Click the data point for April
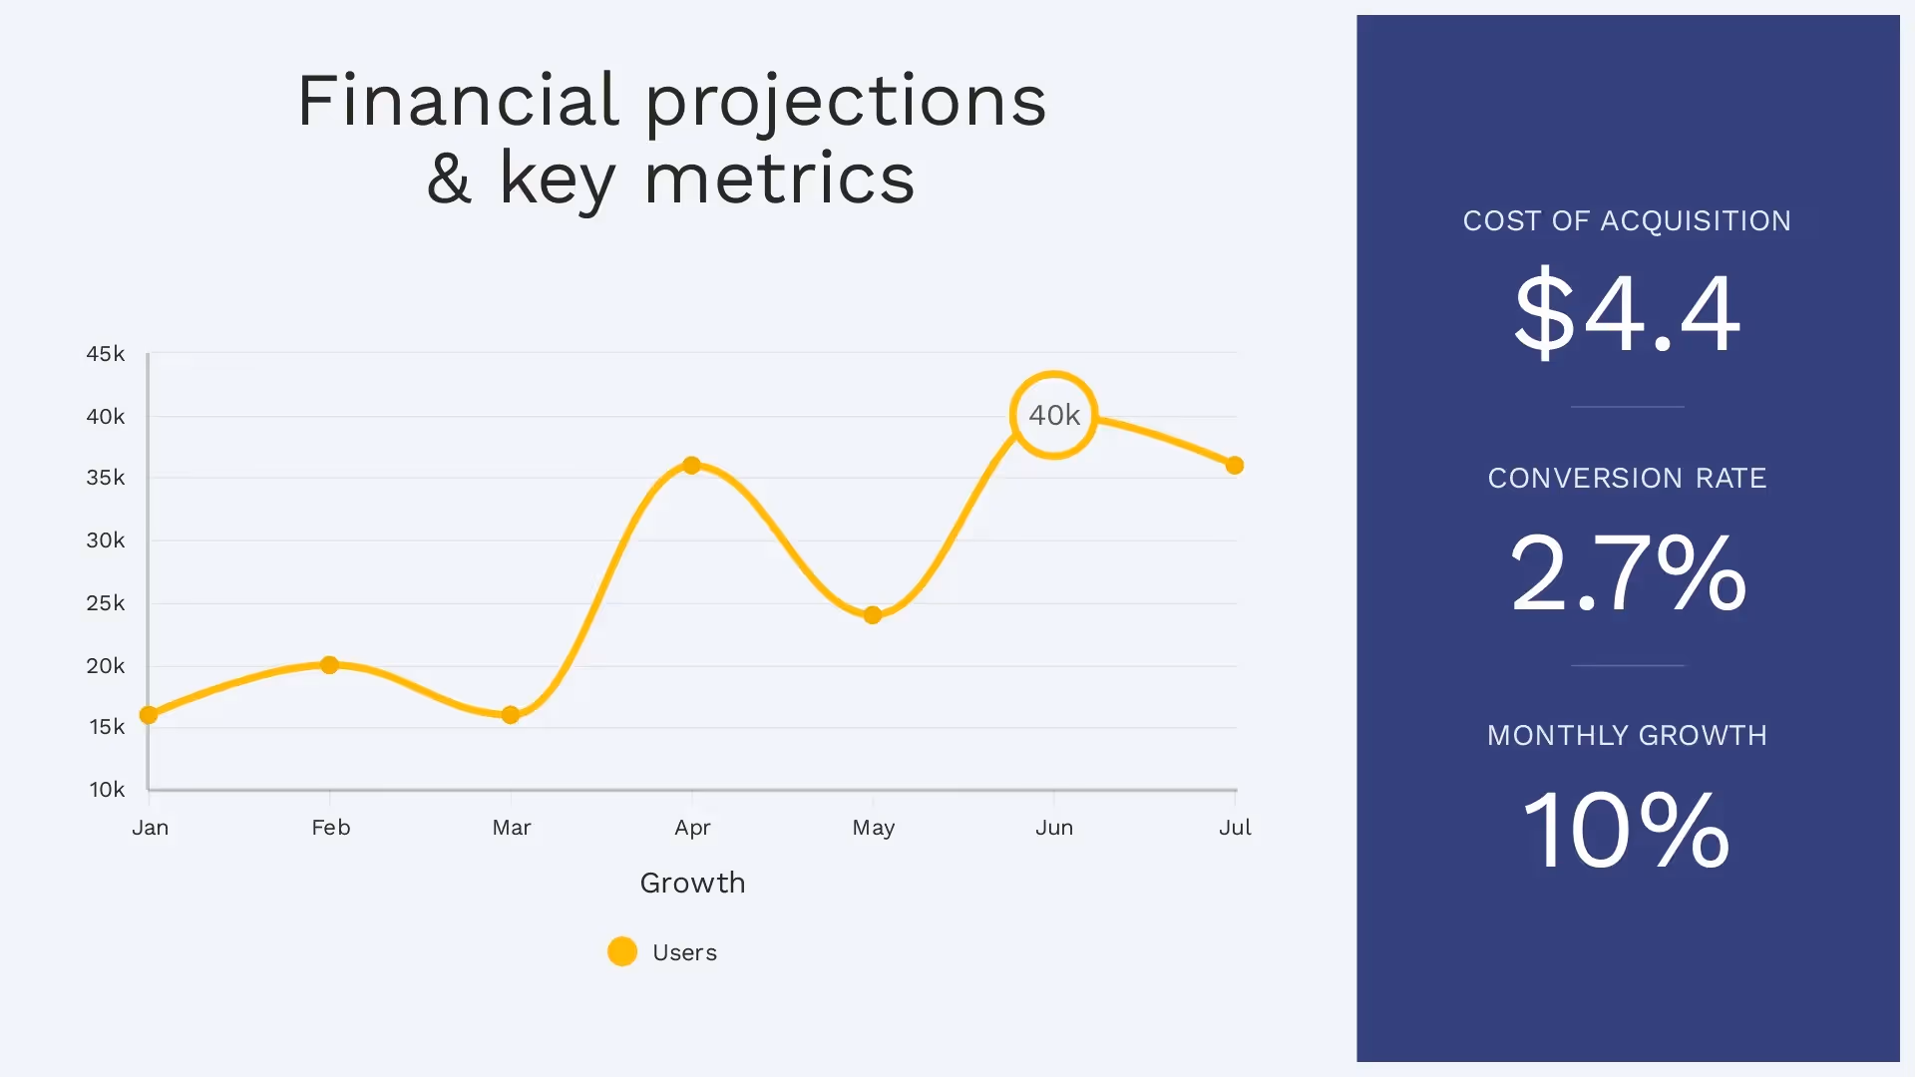tap(691, 466)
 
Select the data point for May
tap(873, 615)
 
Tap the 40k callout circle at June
tap(1053, 415)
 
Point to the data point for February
tap(329, 665)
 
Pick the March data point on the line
tap(511, 715)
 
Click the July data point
tap(1235, 466)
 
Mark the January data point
tap(149, 715)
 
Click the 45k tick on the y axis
tap(106, 354)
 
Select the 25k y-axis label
tap(106, 603)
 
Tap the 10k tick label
tap(107, 790)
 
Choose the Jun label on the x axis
tap(1054, 828)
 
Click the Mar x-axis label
tap(512, 828)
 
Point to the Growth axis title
tap(692, 884)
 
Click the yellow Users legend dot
tap(622, 951)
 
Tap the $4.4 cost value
tap(1627, 313)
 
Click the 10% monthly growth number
tap(1627, 830)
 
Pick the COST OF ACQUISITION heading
tap(1627, 221)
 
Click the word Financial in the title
tap(459, 102)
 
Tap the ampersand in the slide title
tap(449, 179)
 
